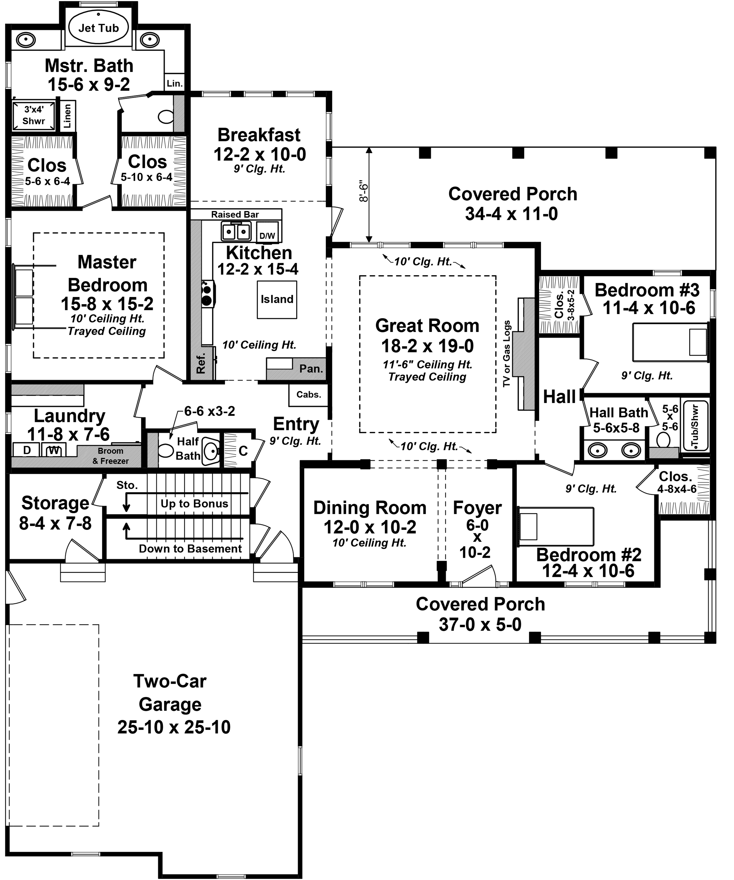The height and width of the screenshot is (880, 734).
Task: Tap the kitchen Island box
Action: pos(277,300)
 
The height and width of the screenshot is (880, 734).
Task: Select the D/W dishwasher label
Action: pos(267,236)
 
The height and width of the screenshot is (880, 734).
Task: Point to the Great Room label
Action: pos(427,326)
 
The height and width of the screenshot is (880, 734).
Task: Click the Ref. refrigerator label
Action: pos(201,363)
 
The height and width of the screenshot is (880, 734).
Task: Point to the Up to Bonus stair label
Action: pos(194,504)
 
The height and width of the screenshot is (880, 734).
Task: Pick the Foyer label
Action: pos(477,508)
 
